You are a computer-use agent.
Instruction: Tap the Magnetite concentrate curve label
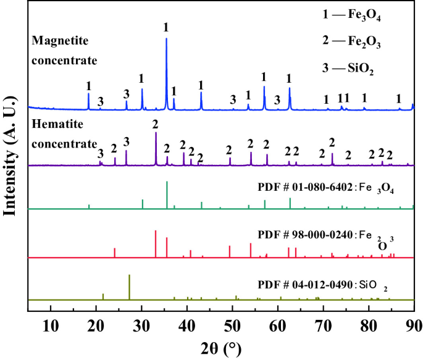64,50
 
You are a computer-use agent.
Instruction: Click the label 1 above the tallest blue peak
165,27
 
